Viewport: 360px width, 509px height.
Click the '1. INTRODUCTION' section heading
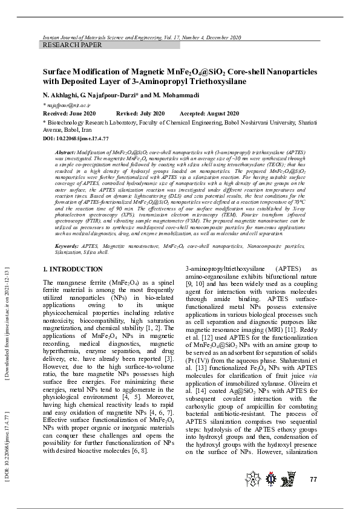(73, 269)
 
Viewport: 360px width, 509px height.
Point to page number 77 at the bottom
(313, 479)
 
